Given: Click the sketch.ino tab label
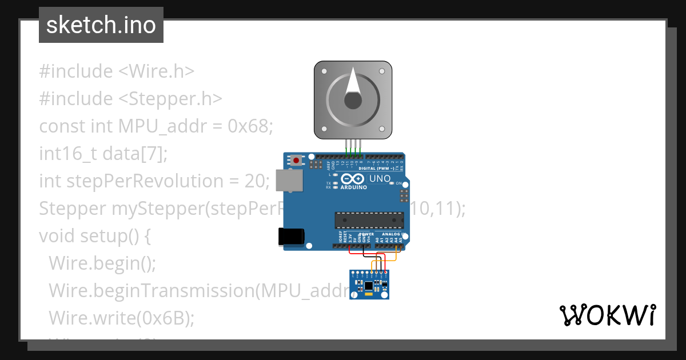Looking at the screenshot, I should [101, 25].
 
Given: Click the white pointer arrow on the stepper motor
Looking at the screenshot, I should [354, 82].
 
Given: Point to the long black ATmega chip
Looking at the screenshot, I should [369, 220].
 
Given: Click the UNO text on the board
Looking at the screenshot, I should [380, 179].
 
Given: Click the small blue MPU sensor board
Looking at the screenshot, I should [369, 284].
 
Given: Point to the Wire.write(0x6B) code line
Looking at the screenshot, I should [121, 318].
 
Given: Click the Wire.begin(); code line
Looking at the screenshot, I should [102, 263].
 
